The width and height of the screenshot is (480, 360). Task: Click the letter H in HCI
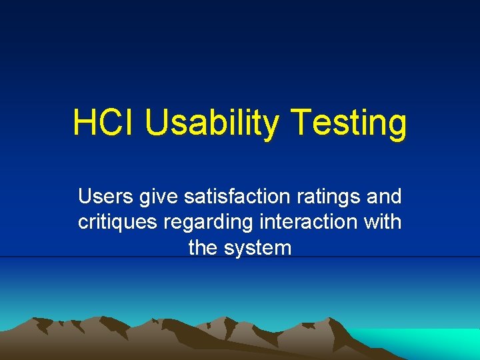point(83,123)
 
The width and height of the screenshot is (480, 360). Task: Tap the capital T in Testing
point(303,123)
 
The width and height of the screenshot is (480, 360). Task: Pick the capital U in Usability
point(155,123)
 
